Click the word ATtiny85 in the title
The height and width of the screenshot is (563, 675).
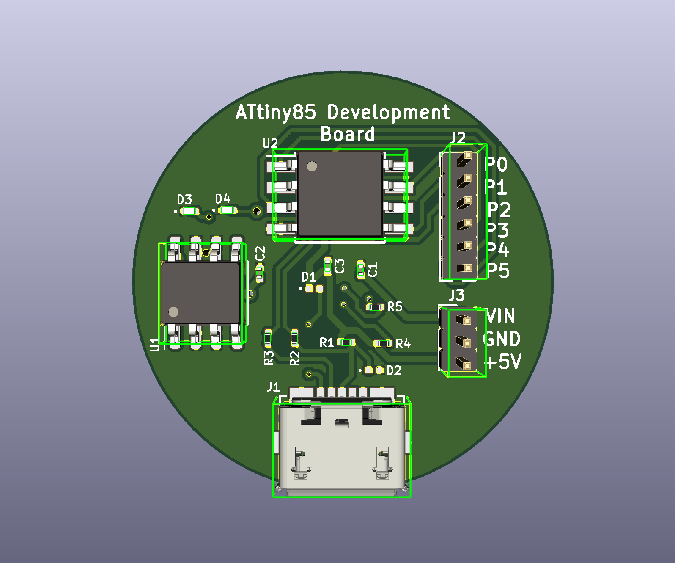275,113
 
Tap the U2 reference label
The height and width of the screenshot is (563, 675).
270,144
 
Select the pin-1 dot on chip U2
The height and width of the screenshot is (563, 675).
312,166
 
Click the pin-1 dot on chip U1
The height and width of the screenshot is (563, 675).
173,312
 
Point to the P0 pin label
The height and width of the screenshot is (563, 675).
497,165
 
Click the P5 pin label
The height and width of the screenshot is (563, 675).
498,271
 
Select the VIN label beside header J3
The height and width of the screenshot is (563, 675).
501,316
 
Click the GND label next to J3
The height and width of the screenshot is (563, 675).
502,339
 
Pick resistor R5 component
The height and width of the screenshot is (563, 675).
375,307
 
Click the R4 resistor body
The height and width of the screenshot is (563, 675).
383,343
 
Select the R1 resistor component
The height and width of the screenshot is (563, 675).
347,342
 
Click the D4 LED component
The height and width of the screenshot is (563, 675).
227,210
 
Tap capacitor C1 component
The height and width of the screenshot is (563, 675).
361,270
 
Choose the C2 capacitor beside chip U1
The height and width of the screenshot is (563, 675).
260,273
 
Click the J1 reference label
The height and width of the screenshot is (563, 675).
273,387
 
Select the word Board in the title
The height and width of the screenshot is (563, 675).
348,135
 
